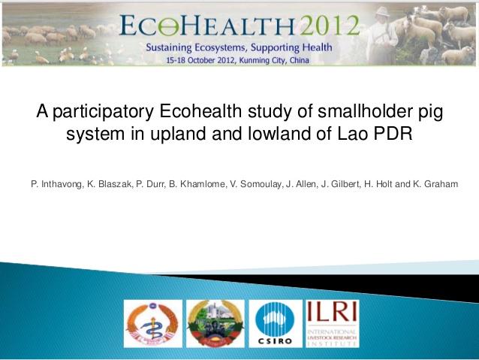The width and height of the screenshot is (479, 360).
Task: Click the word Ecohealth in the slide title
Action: pos(197,112)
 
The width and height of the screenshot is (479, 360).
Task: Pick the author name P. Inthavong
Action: pos(56,184)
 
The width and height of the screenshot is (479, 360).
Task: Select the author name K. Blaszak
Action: pos(108,184)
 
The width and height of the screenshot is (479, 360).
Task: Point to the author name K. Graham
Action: pos(435,184)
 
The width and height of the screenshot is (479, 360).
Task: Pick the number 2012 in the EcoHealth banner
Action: pos(321,27)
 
